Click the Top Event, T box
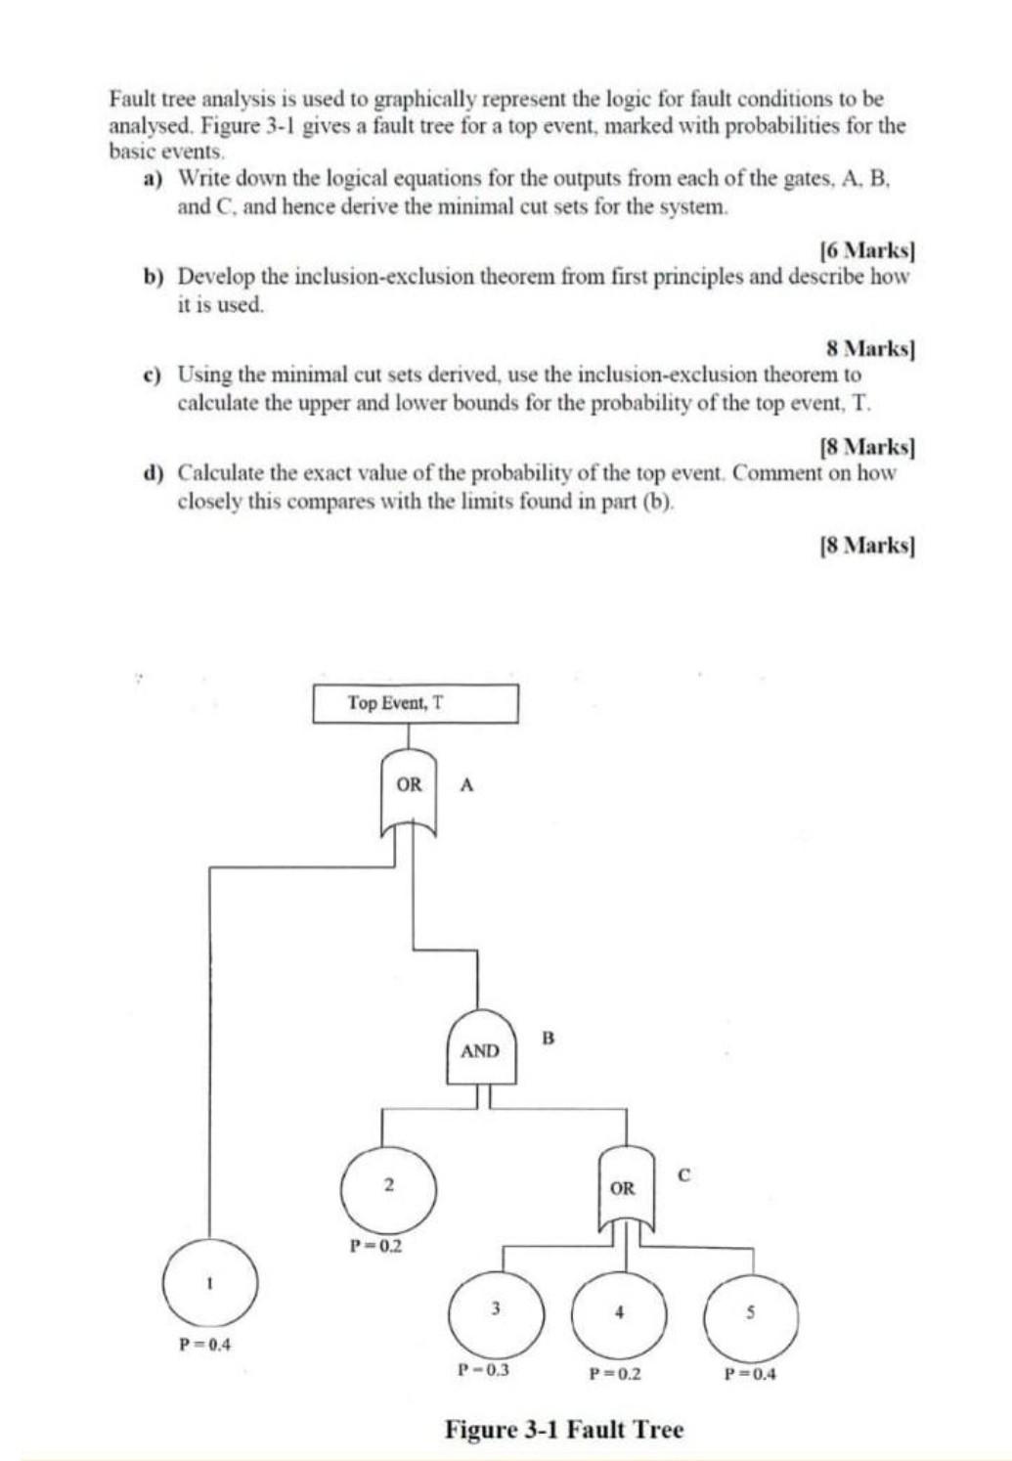(416, 703)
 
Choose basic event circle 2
(388, 1186)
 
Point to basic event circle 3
(496, 1310)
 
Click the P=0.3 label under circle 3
(484, 1369)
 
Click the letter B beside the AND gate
(548, 1038)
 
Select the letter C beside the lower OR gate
(683, 1174)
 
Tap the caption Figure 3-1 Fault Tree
(564, 1429)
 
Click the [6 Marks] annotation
(866, 249)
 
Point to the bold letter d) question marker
(152, 473)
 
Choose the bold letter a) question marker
(152, 179)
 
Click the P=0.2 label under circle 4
(615, 1373)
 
